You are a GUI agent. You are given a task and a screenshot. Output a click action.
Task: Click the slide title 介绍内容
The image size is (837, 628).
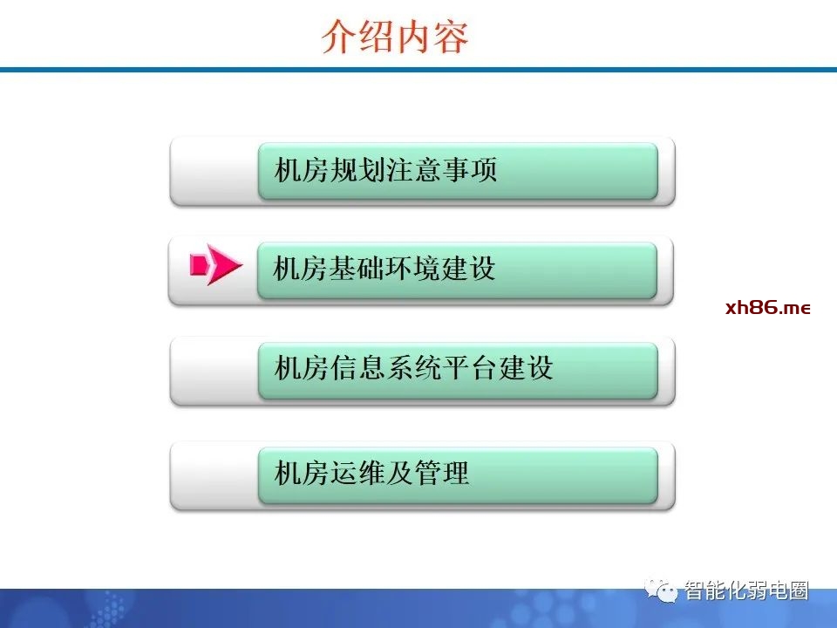(x=395, y=37)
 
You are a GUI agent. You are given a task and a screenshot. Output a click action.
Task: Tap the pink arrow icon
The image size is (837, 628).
(x=216, y=264)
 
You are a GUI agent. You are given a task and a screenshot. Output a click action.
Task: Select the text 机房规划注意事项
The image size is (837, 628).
(x=386, y=170)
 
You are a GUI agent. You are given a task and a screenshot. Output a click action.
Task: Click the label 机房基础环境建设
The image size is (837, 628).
(x=384, y=268)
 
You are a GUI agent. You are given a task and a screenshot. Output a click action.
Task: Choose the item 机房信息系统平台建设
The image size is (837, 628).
(x=413, y=368)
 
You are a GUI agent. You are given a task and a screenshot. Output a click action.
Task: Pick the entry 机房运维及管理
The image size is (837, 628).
(x=371, y=473)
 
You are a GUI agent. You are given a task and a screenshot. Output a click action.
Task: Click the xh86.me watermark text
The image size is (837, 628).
(x=768, y=308)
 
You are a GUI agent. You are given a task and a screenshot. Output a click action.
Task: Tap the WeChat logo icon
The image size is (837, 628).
(x=661, y=590)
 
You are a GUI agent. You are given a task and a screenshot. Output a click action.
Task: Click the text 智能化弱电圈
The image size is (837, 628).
(x=746, y=590)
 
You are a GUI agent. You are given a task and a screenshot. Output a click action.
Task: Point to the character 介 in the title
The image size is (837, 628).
(x=339, y=37)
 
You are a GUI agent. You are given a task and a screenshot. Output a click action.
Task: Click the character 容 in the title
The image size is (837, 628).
(x=451, y=37)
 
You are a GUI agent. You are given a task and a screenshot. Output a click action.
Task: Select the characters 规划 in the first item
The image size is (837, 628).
(x=357, y=170)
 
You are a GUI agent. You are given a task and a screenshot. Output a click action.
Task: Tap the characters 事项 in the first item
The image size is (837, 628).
(x=470, y=170)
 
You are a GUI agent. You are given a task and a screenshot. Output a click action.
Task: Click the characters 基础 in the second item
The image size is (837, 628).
(x=356, y=268)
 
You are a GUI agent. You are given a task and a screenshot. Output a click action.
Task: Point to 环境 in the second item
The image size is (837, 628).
(x=412, y=268)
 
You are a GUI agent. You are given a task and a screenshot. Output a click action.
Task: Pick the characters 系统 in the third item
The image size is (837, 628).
(x=413, y=368)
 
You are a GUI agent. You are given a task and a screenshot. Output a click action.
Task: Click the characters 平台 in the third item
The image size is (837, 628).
(x=470, y=368)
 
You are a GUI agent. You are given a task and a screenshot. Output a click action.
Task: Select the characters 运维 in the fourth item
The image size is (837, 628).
(x=357, y=473)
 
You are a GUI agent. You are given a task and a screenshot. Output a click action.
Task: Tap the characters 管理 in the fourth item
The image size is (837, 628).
(x=442, y=473)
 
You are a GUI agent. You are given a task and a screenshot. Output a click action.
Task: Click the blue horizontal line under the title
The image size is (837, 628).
(x=418, y=70)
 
